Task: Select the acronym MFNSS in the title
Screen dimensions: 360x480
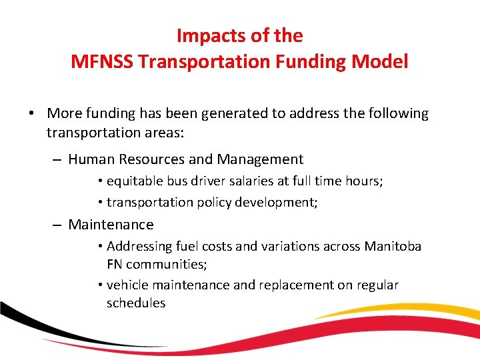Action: [x=102, y=62]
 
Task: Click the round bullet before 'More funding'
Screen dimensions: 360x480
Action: [x=32, y=114]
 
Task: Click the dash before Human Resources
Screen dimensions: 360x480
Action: [x=58, y=160]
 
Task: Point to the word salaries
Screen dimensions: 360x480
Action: [x=248, y=181]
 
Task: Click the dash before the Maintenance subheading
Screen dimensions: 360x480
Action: [x=58, y=225]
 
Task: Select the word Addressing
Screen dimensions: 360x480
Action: [x=139, y=247]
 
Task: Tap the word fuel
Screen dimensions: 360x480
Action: [x=187, y=247]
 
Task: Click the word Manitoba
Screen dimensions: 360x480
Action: [x=393, y=247]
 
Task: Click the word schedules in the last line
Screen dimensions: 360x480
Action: [x=136, y=303]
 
